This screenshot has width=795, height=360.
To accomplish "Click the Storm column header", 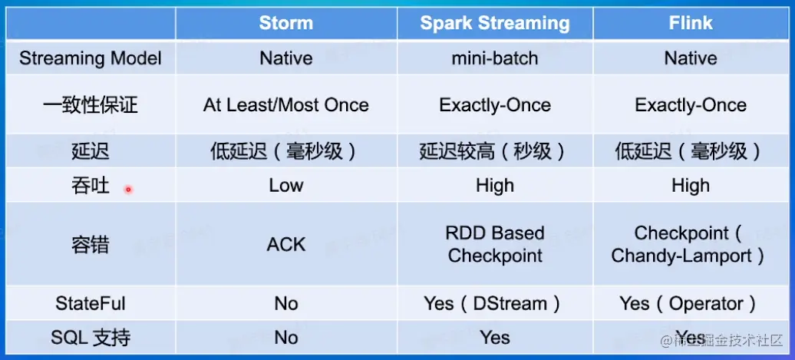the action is click(x=286, y=23).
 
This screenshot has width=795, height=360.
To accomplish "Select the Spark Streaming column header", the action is click(x=495, y=23).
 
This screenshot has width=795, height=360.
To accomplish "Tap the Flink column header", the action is click(x=691, y=23).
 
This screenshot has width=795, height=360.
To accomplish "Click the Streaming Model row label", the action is click(x=91, y=58).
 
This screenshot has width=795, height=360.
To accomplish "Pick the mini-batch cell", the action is click(x=495, y=58).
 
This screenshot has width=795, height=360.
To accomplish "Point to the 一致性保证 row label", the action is click(x=91, y=105).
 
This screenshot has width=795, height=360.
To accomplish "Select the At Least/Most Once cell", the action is click(x=286, y=105).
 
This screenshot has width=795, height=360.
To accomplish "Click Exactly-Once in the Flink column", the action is click(x=691, y=105).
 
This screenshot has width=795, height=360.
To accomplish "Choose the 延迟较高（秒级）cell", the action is click(x=492, y=151).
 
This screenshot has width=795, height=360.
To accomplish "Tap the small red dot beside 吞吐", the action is click(x=128, y=190).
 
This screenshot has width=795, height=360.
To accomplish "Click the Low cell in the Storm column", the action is click(x=286, y=185).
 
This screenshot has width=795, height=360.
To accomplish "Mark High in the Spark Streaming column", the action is click(x=495, y=185).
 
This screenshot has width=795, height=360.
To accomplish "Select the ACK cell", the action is click(x=286, y=244).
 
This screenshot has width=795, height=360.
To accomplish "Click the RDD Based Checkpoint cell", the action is click(x=495, y=244).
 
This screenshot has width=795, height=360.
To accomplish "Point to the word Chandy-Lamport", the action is click(x=681, y=256).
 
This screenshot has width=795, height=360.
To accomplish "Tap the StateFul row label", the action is click(x=91, y=304).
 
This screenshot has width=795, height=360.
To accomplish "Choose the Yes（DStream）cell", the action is click(x=492, y=304).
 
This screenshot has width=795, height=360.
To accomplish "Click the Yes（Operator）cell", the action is click(x=688, y=304).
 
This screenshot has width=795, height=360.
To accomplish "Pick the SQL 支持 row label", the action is click(x=91, y=339).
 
